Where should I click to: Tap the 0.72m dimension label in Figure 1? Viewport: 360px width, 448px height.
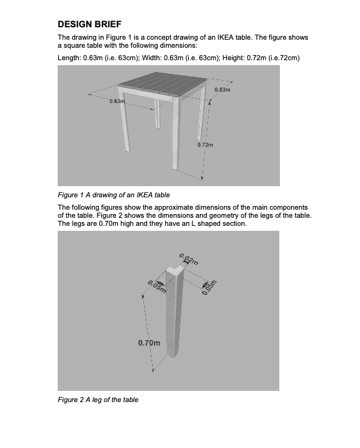pyautogui.click(x=205, y=145)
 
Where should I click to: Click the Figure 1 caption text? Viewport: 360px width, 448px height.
pyautogui.click(x=114, y=195)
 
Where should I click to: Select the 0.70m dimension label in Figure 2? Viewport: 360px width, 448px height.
pyautogui.click(x=148, y=343)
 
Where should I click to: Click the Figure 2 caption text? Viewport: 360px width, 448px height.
pyautogui.click(x=97, y=400)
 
